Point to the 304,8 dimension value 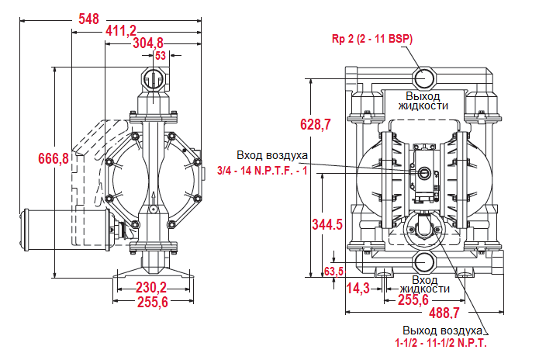pyautogui.click(x=148, y=43)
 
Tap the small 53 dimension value pyautogui.click(x=161, y=55)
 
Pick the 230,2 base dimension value pyautogui.click(x=152, y=286)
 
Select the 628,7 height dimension pyautogui.click(x=316, y=124)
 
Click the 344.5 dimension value pyautogui.click(x=327, y=224)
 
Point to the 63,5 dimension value pyautogui.click(x=333, y=271)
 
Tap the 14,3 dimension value pyautogui.click(x=358, y=288)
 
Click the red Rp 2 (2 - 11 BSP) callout pyautogui.click(x=371, y=39)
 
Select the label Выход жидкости pyautogui.click(x=423, y=100)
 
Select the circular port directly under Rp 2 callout pyautogui.click(x=424, y=77)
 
